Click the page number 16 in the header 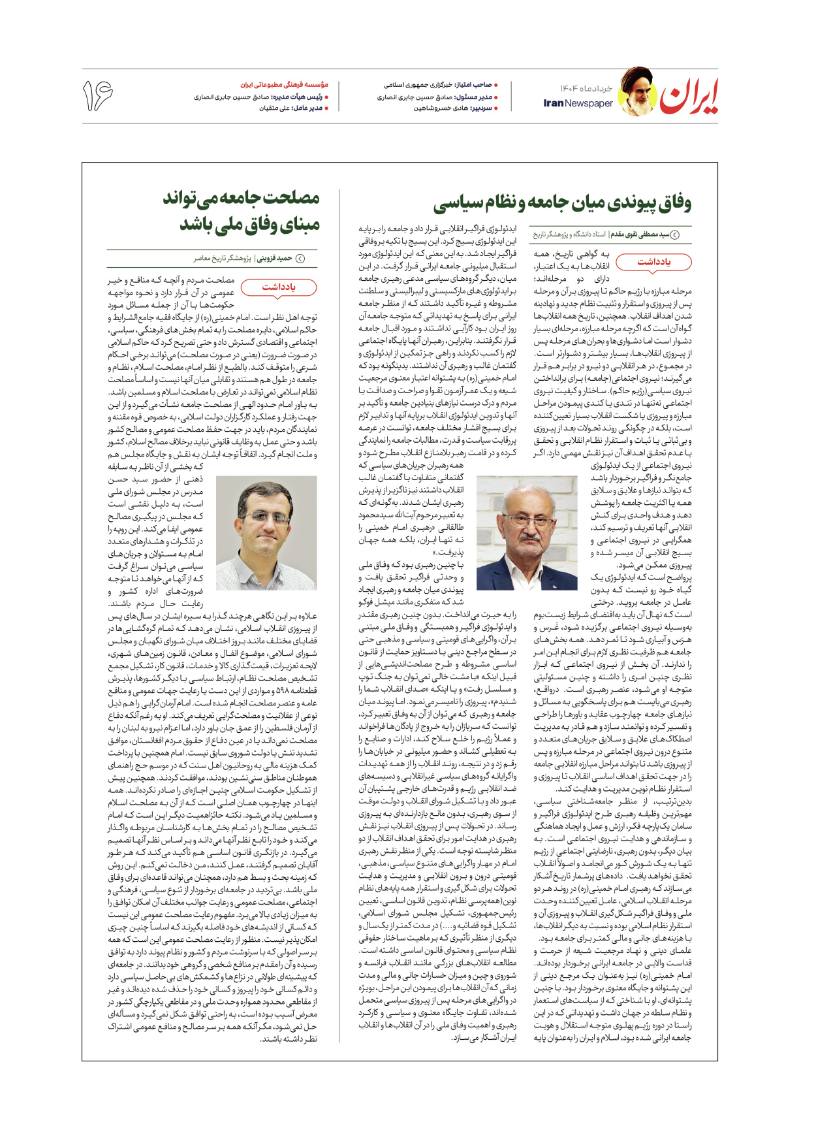[x=97, y=95]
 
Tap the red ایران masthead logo [x=689, y=97]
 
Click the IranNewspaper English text [x=578, y=103]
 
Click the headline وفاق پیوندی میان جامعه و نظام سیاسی [x=562, y=202]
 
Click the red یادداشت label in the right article [x=654, y=262]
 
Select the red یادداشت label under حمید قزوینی [x=279, y=287]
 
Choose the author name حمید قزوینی [x=274, y=259]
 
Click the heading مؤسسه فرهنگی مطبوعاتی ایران [x=284, y=85]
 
